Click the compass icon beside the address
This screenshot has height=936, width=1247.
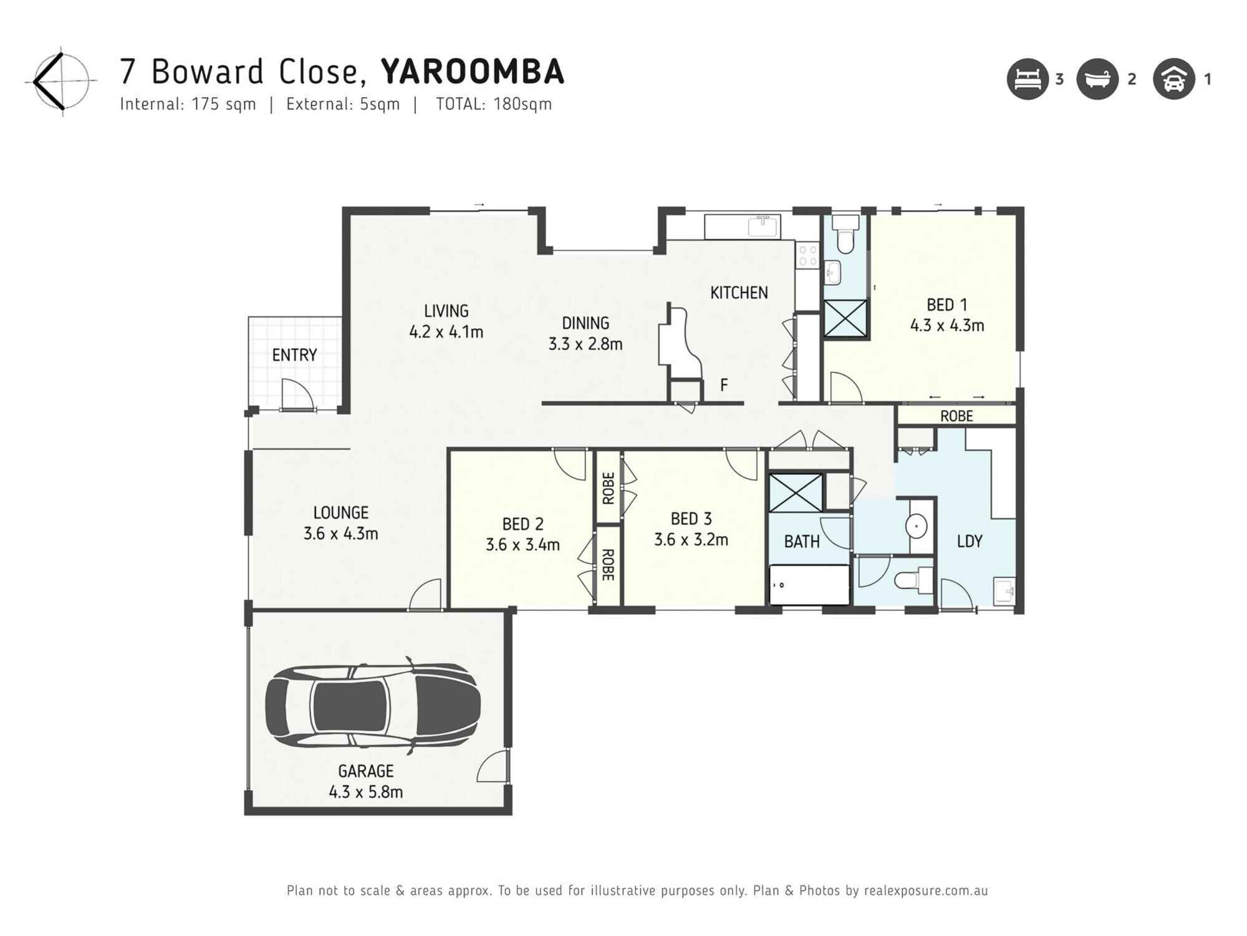[x=60, y=80]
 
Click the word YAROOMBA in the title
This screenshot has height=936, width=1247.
[x=472, y=72]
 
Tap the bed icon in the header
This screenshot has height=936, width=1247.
[x=1027, y=79]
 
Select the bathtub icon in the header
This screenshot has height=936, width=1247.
[x=1097, y=79]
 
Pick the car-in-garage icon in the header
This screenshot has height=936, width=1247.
[x=1173, y=79]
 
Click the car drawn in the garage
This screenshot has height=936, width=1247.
[x=372, y=706]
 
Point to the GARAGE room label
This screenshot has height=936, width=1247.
[x=365, y=771]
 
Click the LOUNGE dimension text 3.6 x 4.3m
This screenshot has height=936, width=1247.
[x=340, y=534]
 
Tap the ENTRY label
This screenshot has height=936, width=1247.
[x=294, y=355]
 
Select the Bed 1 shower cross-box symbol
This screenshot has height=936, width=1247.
[x=845, y=318]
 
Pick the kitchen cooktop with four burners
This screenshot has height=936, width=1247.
[x=808, y=255]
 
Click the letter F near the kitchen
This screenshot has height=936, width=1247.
[x=724, y=385]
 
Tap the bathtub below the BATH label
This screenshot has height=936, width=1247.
[x=809, y=585]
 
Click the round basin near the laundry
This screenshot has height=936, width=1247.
[x=917, y=526]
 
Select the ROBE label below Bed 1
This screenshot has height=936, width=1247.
[x=956, y=416]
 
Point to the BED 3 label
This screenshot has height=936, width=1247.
[x=691, y=519]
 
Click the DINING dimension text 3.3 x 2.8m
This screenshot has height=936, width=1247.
[x=585, y=344]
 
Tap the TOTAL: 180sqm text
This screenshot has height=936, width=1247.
[x=493, y=104]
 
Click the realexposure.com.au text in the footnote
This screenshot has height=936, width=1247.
[x=925, y=890]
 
